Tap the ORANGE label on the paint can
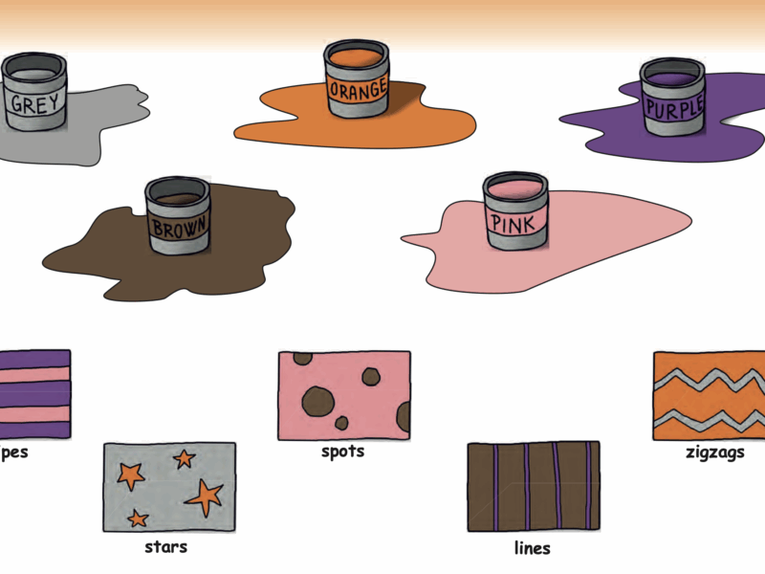click(x=358, y=90)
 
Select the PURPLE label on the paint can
click(x=673, y=105)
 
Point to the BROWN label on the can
click(x=178, y=229)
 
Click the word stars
click(x=165, y=547)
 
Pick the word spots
click(x=342, y=451)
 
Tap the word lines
click(x=533, y=548)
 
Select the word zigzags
click(x=715, y=453)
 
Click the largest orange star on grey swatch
click(x=205, y=496)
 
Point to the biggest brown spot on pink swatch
click(x=317, y=400)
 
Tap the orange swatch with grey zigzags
click(x=709, y=395)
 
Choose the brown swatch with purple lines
click(x=533, y=486)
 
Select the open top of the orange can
click(x=356, y=54)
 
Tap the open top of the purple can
click(x=671, y=73)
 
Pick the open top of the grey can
click(x=33, y=70)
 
